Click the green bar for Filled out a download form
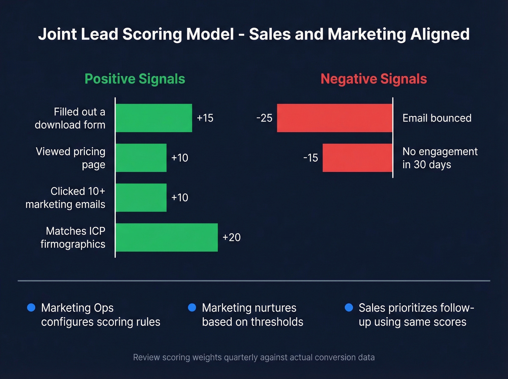pyautogui.click(x=154, y=118)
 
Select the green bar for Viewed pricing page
pyautogui.click(x=141, y=158)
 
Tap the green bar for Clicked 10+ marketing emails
pyautogui.click(x=141, y=198)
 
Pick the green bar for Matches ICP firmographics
pyautogui.click(x=167, y=238)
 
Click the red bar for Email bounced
pyautogui.click(x=335, y=118)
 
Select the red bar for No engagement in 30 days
pyautogui.click(x=357, y=158)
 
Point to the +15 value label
pyautogui.click(x=205, y=118)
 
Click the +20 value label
pyautogui.click(x=232, y=238)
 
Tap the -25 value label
pyautogui.click(x=264, y=118)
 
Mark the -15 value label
pyautogui.click(x=311, y=158)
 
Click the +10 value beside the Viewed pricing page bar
pyautogui.click(x=180, y=158)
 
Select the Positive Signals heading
pyautogui.click(x=135, y=79)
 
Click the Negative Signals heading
pyautogui.click(x=374, y=79)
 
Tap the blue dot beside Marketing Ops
pyautogui.click(x=31, y=308)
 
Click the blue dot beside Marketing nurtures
pyautogui.click(x=192, y=308)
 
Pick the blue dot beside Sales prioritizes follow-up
pyautogui.click(x=349, y=308)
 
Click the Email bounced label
pyautogui.click(x=437, y=118)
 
